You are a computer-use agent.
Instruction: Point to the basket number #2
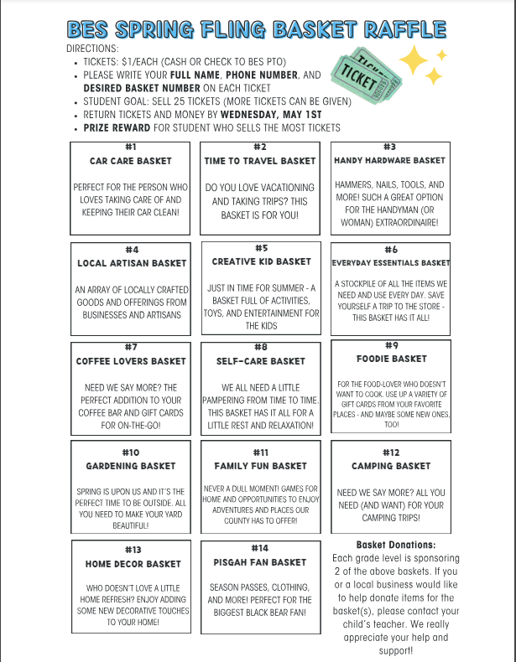tap(260, 147)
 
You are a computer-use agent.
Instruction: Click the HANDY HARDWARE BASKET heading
tap(389, 160)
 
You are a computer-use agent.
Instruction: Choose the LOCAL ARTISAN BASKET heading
tap(132, 263)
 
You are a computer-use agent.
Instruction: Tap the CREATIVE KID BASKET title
tap(261, 261)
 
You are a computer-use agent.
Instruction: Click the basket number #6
tap(390, 250)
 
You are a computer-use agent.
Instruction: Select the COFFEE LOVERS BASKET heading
tap(130, 361)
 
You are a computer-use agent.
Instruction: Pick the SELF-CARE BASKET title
tap(261, 361)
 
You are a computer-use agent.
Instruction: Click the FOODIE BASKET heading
tap(391, 359)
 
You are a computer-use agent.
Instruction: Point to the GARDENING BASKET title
tap(131, 465)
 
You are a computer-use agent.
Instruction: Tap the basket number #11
tap(260, 453)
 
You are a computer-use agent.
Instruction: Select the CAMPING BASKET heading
tap(390, 465)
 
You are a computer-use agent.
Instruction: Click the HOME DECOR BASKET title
tap(133, 564)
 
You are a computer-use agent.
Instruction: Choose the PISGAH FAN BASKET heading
tap(261, 561)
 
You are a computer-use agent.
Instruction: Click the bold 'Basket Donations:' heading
tap(396, 544)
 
